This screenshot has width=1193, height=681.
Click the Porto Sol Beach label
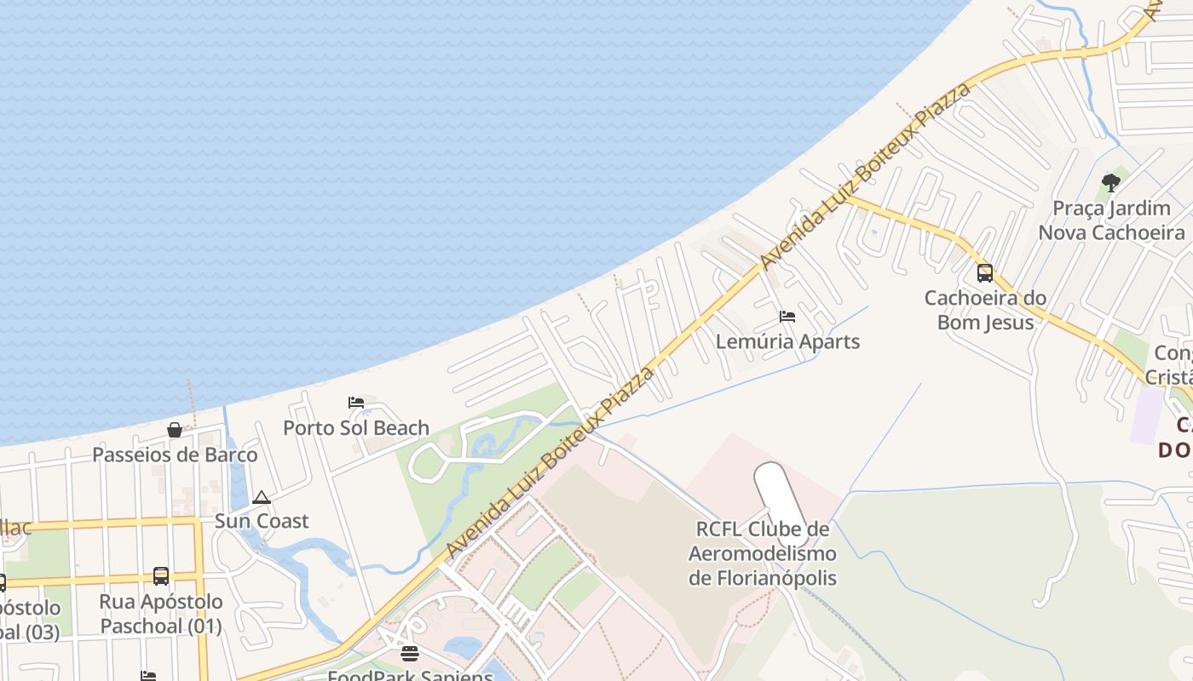click(x=356, y=427)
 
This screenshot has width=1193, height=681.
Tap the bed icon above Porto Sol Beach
click(x=356, y=403)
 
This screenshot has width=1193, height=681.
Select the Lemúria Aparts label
click(x=787, y=341)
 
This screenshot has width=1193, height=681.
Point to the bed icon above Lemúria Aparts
click(x=787, y=317)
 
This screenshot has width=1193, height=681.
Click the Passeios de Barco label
click(x=175, y=455)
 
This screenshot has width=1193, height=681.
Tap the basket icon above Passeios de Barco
click(x=175, y=430)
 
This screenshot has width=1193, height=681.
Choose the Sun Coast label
click(x=262, y=521)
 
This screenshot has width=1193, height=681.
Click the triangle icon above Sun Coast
click(x=262, y=497)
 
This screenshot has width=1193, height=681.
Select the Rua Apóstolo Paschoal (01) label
click(x=161, y=614)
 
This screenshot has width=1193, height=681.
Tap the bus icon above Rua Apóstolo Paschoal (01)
click(x=161, y=576)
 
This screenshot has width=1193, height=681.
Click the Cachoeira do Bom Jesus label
click(x=985, y=310)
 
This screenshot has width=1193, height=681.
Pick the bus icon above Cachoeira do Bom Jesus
click(x=985, y=273)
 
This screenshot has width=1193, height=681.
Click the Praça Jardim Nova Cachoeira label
click(x=1111, y=220)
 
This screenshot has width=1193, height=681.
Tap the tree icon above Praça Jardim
click(x=1110, y=182)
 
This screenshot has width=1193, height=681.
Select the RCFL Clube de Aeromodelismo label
click(x=763, y=554)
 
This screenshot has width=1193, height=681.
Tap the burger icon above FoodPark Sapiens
click(x=410, y=654)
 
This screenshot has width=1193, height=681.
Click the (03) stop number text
click(x=34, y=632)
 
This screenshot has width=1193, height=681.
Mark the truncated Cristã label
click(x=1169, y=377)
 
